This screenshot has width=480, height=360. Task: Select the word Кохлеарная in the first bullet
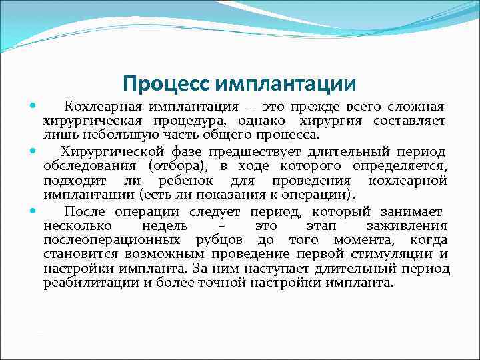(x=103, y=107)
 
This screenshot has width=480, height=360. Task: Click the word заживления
(x=407, y=225)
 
